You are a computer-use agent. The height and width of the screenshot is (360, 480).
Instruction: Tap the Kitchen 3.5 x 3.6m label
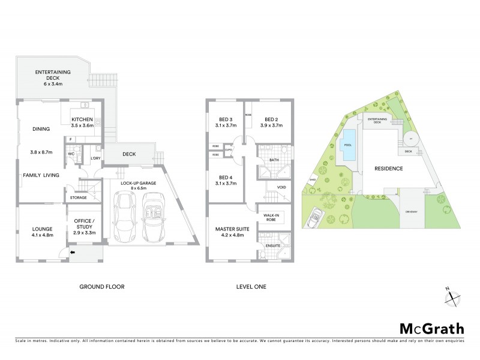83,122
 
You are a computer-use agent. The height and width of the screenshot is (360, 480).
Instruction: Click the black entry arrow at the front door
73,253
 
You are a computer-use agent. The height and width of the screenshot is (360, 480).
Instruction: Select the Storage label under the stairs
78,197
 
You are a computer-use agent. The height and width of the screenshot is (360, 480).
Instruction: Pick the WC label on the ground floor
71,154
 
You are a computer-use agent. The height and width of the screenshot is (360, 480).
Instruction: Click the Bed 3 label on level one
227,122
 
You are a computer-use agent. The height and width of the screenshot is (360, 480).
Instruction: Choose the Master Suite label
231,232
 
